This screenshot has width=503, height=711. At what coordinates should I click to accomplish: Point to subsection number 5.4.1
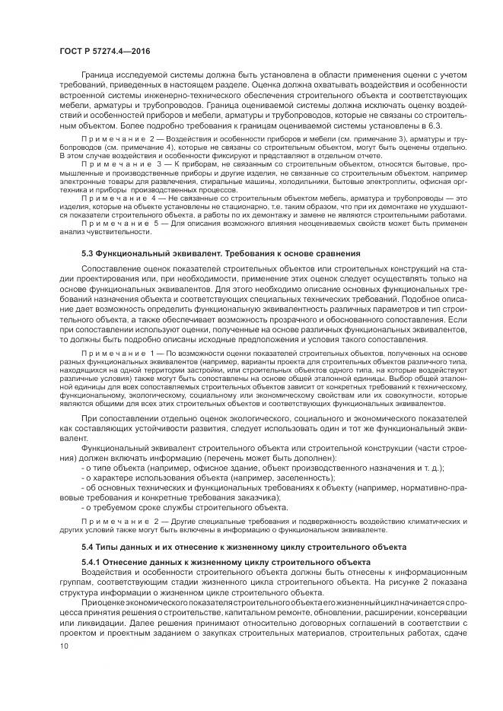91,561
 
